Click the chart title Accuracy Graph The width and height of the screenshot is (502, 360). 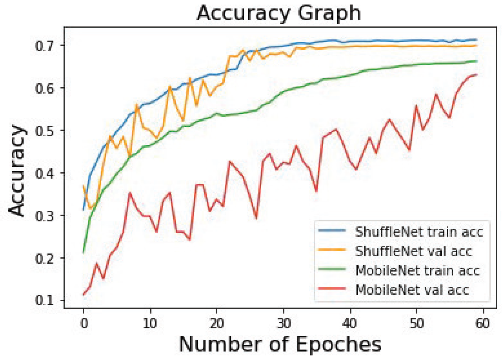279,13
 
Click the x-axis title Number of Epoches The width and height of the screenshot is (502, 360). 280,344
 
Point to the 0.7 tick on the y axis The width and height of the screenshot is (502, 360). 46,46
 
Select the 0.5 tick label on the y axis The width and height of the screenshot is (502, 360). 46,131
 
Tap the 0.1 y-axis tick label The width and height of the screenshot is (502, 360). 46,301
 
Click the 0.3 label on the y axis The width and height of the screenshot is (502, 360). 46,216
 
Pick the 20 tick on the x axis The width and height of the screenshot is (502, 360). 217,323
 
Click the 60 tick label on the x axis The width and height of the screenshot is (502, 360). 483,323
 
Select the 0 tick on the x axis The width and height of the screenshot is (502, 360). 84,323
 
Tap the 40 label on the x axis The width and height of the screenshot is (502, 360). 350,323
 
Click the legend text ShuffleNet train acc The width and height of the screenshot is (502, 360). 419,232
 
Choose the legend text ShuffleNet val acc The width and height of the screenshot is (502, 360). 413,251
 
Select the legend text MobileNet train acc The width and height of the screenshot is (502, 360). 417,270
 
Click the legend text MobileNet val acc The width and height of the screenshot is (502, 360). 412,290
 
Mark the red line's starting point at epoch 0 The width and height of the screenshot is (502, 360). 84,295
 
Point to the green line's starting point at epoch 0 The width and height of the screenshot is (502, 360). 84,252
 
